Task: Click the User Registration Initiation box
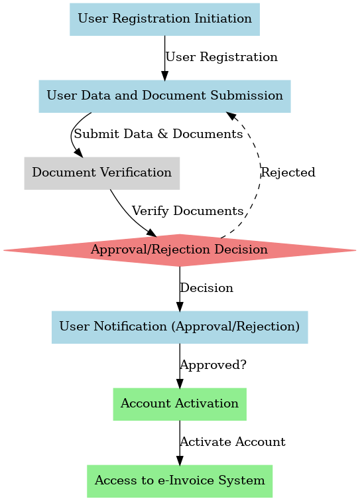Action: (164, 19)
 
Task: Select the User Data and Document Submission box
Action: (164, 96)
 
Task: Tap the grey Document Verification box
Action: (102, 173)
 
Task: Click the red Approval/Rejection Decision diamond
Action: (180, 250)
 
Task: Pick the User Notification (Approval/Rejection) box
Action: (180, 327)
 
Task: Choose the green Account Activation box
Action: (180, 404)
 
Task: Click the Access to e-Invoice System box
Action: (180, 481)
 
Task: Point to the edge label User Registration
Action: (221, 57)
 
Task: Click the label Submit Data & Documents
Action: (158, 134)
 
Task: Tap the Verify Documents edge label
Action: (188, 211)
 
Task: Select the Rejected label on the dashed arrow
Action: (288, 173)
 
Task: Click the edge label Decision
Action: (206, 288)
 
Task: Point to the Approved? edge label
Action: (213, 365)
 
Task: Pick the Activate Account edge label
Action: (233, 442)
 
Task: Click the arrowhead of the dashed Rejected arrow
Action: (231, 116)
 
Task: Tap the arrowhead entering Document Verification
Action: (79, 153)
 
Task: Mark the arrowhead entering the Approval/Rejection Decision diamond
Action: (152, 233)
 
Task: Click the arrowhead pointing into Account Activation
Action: (180, 384)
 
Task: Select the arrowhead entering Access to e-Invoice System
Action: (180, 461)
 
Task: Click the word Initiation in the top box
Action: (223, 19)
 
